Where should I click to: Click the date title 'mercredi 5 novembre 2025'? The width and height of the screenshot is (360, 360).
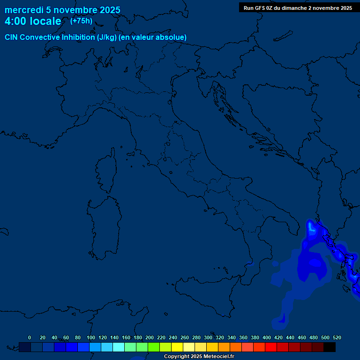click(62, 10)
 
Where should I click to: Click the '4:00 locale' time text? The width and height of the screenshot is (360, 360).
click(33, 22)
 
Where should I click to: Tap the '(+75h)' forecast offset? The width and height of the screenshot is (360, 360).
click(81, 21)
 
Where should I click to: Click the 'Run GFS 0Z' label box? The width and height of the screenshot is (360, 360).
click(298, 8)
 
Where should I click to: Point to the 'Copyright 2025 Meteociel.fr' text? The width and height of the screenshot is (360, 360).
click(199, 357)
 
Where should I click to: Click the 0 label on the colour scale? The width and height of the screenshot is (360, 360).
click(30, 337)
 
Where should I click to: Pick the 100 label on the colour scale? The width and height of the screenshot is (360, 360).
click(90, 337)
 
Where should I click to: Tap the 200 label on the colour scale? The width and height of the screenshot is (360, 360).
click(150, 337)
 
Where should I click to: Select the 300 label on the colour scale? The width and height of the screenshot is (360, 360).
click(208, 337)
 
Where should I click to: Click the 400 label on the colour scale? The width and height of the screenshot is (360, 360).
click(267, 337)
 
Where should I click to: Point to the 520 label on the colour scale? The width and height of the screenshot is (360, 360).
click(337, 337)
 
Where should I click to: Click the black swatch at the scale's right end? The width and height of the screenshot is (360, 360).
click(330, 347)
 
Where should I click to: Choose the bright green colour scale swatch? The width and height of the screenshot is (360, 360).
click(154, 347)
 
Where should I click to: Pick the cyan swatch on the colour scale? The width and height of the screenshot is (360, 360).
click(119, 347)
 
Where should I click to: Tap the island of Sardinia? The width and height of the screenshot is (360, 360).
click(102, 230)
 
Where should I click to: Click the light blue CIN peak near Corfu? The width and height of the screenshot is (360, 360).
click(312, 227)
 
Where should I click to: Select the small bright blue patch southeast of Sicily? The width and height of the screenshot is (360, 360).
click(282, 319)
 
